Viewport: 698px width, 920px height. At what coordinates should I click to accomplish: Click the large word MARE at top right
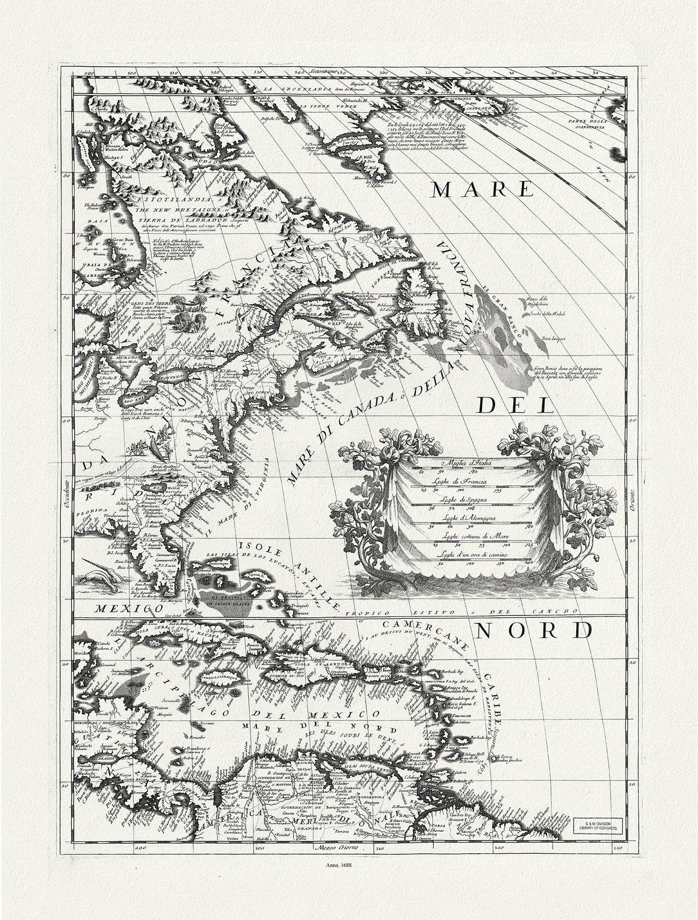[481, 190]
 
